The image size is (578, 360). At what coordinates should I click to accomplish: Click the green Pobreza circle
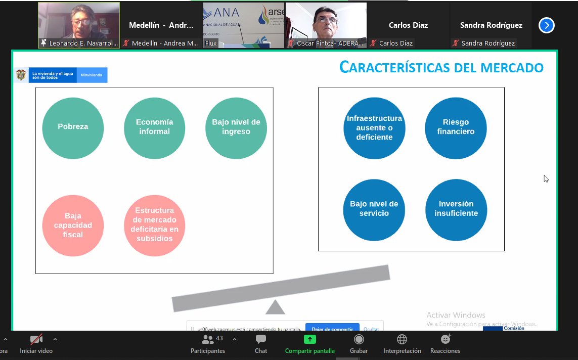[x=73, y=127]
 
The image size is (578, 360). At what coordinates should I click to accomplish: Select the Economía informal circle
[x=154, y=127]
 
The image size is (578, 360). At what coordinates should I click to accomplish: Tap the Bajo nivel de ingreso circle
[x=236, y=127]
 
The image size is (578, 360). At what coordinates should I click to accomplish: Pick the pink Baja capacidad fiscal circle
[x=73, y=226]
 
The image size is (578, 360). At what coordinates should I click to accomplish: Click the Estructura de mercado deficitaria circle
[x=154, y=226]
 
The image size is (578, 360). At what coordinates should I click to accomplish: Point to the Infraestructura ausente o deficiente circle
[x=374, y=128]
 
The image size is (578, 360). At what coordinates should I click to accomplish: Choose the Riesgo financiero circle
[x=456, y=128]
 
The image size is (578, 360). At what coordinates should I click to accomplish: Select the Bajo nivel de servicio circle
[x=374, y=209]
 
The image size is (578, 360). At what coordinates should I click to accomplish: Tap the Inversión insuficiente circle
[x=456, y=209]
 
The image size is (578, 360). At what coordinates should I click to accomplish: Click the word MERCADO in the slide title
[x=509, y=67]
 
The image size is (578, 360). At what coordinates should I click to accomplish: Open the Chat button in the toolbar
[x=261, y=339]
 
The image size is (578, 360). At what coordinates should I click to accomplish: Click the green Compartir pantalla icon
[x=309, y=339]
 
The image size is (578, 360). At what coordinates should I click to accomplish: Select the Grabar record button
[x=359, y=339]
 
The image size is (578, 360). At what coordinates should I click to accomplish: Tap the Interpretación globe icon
[x=402, y=339]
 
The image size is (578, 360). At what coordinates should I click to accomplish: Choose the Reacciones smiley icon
[x=445, y=339]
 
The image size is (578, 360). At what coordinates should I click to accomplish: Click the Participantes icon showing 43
[x=208, y=339]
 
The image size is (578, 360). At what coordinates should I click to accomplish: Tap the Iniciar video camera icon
[x=36, y=339]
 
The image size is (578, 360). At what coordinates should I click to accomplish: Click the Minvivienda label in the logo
[x=92, y=75]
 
